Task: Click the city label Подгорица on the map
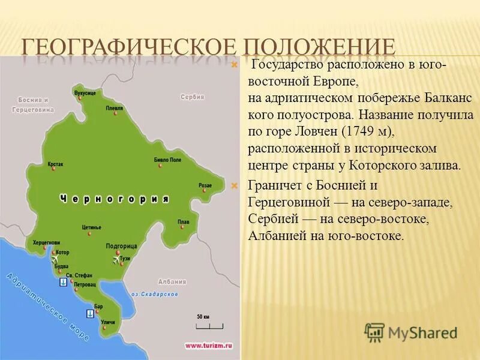pos(122,246)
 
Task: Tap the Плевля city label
pos(114,108)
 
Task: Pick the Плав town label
pos(184,221)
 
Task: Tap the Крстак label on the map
pos(55,163)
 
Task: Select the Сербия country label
pos(193,97)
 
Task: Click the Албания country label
pos(172,281)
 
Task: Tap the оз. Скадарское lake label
pos(155,294)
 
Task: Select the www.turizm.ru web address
pos(208,346)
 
